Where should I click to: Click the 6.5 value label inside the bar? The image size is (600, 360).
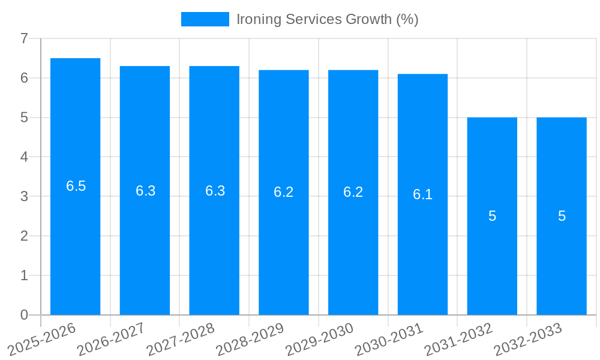tap(76, 186)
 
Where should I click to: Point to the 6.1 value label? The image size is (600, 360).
tap(422, 194)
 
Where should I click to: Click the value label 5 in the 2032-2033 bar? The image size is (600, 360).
tap(562, 216)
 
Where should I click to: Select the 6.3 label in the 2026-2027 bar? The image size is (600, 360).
tap(145, 191)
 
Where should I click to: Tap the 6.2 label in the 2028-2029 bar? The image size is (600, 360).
tap(284, 192)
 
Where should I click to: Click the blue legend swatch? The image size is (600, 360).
tap(205, 19)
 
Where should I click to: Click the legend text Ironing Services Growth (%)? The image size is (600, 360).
tap(327, 19)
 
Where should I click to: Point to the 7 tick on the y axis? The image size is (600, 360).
tap(24, 38)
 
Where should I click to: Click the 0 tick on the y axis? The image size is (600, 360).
tap(24, 315)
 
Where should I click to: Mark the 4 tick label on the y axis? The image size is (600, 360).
tap(24, 157)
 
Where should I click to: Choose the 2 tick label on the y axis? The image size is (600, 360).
tap(24, 236)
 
